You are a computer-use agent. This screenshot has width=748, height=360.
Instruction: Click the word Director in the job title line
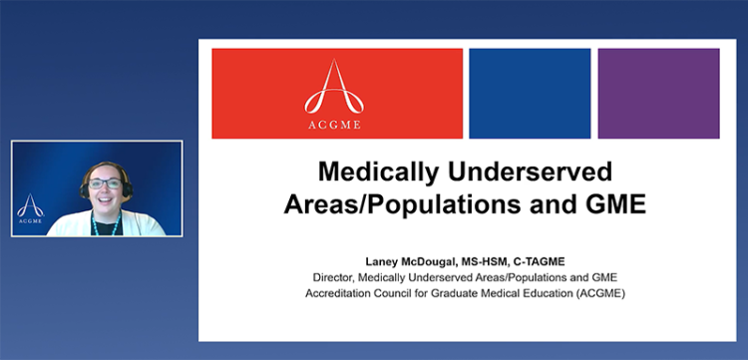[332, 277]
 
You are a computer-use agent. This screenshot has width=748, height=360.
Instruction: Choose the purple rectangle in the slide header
[658, 93]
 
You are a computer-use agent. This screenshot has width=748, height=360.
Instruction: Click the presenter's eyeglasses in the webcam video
[106, 183]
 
